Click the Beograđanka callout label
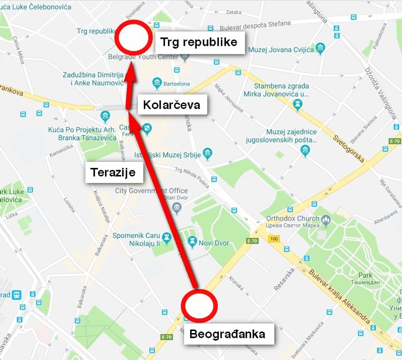click(227, 334)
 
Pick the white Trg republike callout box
click(199, 42)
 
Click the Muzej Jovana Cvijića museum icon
click(321, 48)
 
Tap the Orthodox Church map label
click(293, 219)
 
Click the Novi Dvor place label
click(214, 243)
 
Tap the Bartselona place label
click(176, 84)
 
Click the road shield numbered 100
click(273, 239)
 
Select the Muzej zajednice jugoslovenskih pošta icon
click(305, 150)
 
